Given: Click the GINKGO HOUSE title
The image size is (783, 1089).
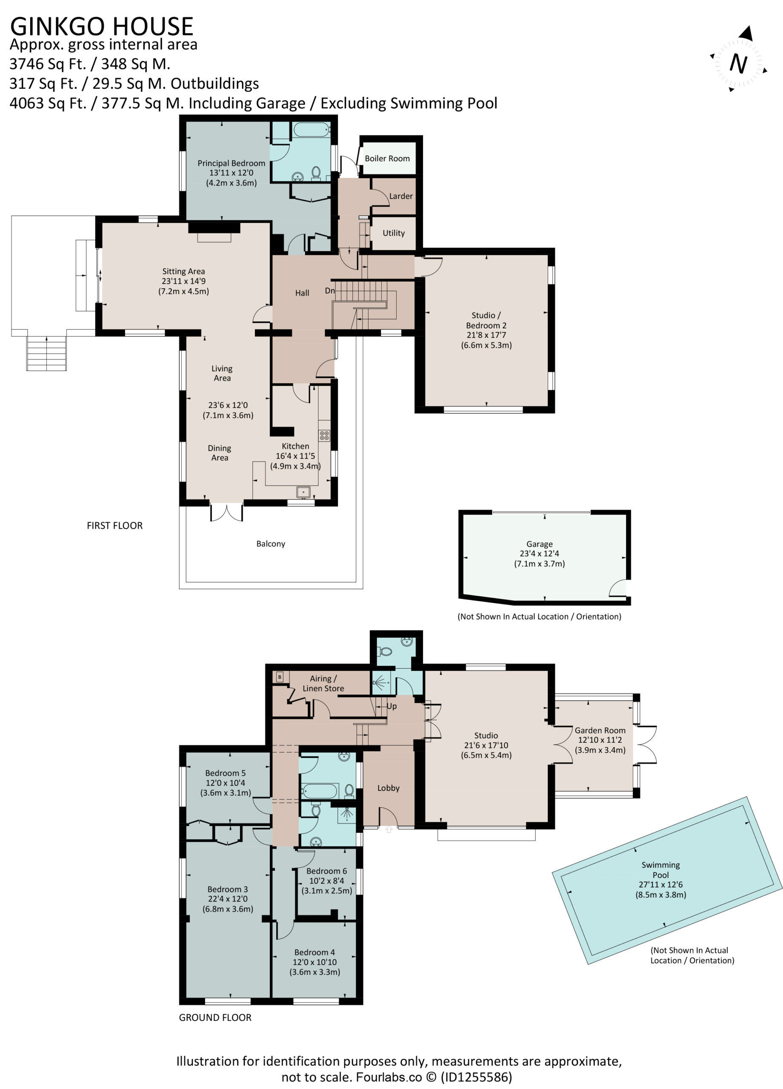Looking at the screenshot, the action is tap(101, 26).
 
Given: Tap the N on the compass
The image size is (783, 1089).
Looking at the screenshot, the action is tap(738, 63).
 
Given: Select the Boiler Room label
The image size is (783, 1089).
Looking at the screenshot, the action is tap(387, 158).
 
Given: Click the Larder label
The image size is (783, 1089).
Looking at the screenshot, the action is tap(400, 196).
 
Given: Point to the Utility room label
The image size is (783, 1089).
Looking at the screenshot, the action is tap(394, 233).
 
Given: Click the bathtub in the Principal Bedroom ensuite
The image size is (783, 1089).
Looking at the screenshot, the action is tap(311, 130).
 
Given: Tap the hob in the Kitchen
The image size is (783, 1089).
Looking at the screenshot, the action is tap(324, 436).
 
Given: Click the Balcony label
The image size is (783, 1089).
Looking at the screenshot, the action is tap(271, 544).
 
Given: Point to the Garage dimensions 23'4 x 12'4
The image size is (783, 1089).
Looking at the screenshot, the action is tap(540, 553).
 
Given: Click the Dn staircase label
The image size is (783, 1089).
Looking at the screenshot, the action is tap(329, 291).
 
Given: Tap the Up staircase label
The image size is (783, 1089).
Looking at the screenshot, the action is tap(391, 706).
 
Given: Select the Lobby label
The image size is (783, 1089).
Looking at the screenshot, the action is tap(388, 788).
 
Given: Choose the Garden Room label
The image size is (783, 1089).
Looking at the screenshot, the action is tap(600, 730).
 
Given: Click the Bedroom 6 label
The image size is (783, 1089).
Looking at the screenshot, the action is tap(327, 871).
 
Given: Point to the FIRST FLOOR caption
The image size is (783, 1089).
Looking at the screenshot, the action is tap(115, 526).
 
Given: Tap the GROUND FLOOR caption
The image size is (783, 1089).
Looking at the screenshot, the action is tap(215, 1018).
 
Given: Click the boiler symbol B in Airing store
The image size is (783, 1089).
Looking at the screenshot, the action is tap(280, 677).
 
